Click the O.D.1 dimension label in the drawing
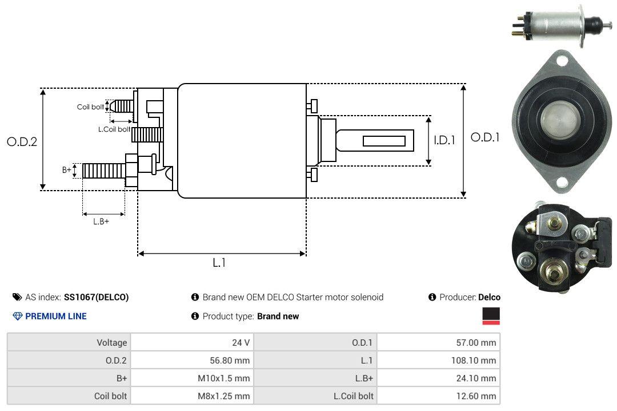[x=484, y=137]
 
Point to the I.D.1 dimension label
[x=444, y=140]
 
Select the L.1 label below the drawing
[x=219, y=263]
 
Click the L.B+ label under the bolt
[x=101, y=221]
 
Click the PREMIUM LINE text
[x=56, y=316]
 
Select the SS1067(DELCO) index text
[x=96, y=297]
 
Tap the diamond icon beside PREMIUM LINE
[x=17, y=316]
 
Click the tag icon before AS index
[x=17, y=297]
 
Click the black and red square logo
[x=491, y=316]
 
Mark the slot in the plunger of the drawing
[x=384, y=141]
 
